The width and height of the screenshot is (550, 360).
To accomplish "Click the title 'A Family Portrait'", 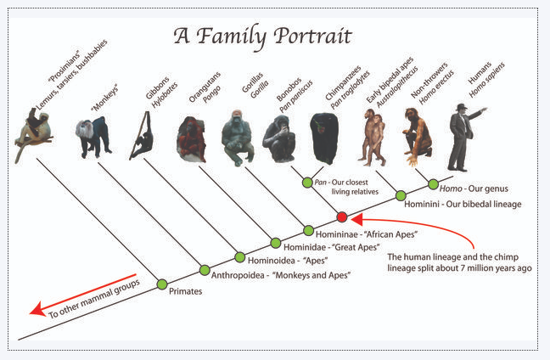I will point(262,36).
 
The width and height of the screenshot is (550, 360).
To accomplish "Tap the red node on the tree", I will point(342,217).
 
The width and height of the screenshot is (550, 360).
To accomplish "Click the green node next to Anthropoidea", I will point(204,270).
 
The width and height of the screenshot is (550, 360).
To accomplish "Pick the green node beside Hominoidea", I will point(239,256).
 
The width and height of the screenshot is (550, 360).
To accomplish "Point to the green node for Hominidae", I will point(275,243).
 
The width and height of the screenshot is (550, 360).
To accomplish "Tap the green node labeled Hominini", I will point(401,196).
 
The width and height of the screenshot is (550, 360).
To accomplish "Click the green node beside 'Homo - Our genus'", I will point(433,183).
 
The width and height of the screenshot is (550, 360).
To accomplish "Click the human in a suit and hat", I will point(463,136).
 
